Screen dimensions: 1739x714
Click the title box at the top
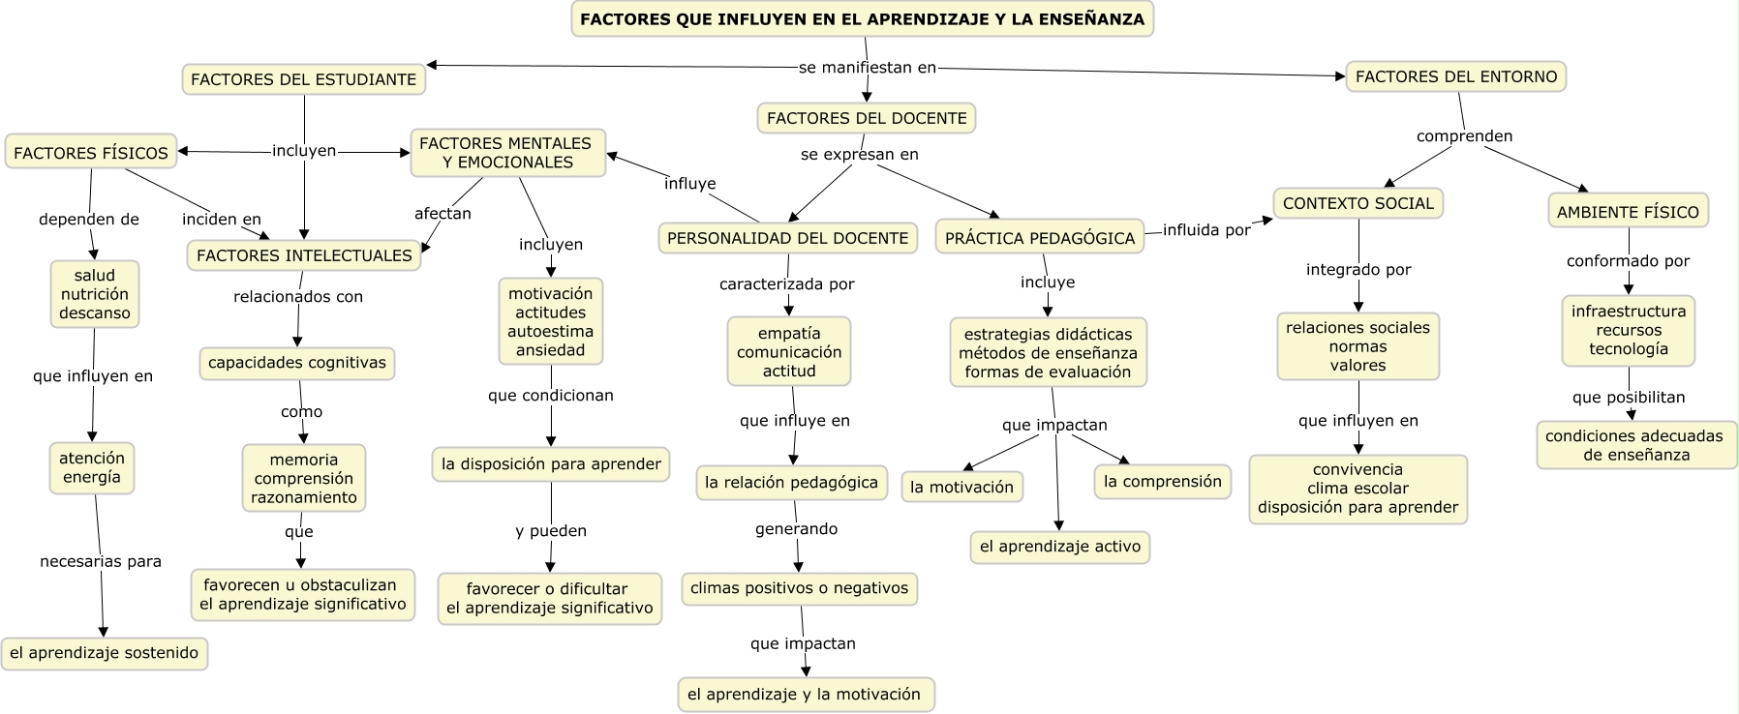[862, 19]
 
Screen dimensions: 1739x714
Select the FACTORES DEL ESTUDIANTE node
[304, 79]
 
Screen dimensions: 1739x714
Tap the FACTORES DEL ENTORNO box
[1456, 76]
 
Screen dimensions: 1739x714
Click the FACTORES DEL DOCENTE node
[867, 118]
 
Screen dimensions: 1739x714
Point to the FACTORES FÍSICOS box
[91, 153]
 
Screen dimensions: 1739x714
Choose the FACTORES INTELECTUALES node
[304, 255]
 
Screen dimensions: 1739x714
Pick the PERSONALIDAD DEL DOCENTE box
[788, 238]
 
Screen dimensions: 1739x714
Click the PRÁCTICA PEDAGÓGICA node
[1040, 238]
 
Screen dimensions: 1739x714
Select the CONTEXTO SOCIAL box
[1358, 203]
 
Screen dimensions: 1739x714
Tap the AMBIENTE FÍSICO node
[1628, 212]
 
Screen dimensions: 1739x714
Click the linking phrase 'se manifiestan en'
[868, 68]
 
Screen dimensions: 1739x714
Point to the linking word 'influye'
[690, 184]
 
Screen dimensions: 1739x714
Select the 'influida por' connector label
[1206, 230]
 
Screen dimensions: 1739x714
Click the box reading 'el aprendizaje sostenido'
[105, 653]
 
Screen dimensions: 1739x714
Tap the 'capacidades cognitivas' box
[297, 363]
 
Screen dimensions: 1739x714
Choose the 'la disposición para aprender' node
[551, 464]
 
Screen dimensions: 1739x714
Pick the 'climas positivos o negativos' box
[800, 588]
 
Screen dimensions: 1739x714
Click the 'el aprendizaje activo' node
[1060, 547]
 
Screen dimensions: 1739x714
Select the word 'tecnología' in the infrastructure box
[1629, 349]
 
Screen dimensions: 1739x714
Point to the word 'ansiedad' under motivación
[551, 350]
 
